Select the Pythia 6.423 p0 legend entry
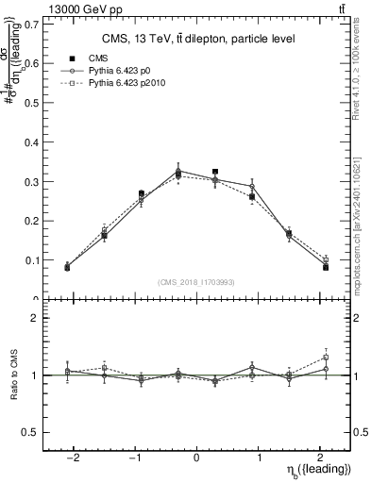pyautogui.click(x=122, y=71)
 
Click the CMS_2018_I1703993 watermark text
pyautogui.click(x=196, y=281)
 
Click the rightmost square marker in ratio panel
pyautogui.click(x=326, y=357)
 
